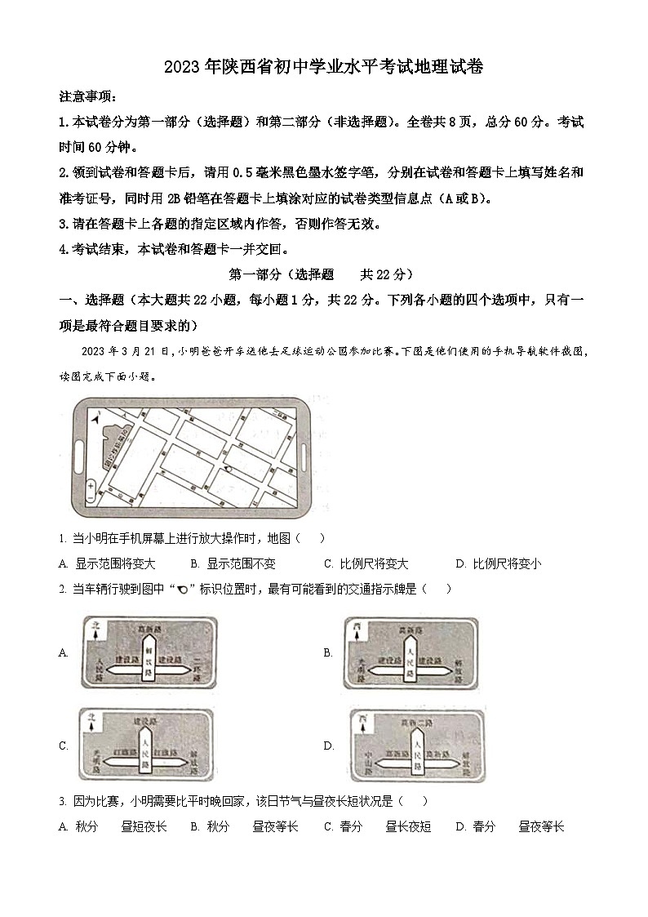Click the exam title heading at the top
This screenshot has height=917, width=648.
(324, 68)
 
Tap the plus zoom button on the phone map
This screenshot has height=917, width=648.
(91, 485)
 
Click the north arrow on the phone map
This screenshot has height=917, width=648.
(97, 419)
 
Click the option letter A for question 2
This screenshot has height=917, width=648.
(63, 652)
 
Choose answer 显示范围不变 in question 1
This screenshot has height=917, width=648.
(241, 563)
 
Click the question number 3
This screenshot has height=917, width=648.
(63, 802)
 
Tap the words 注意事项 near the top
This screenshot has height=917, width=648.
(87, 96)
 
